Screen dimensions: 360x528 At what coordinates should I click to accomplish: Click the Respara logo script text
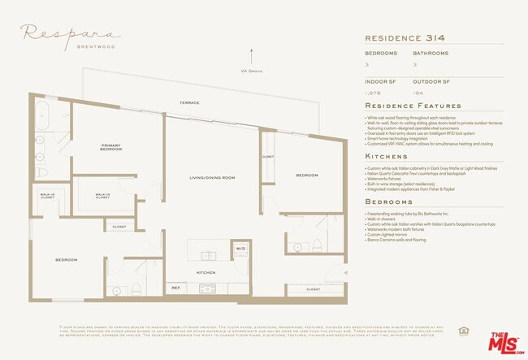point(71,33)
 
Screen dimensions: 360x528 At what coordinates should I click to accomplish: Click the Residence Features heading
point(413,106)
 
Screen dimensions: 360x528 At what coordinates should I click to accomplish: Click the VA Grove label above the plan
point(252,71)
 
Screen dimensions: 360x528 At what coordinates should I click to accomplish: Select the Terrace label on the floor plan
point(190,103)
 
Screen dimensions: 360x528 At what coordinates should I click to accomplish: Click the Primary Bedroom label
point(110,148)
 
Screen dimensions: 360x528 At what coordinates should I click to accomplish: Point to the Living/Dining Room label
point(212,177)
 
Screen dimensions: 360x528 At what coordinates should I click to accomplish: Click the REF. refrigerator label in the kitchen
point(175,288)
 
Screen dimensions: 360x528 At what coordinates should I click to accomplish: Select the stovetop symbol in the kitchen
point(207,288)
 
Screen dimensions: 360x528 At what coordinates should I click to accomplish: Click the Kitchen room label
point(206,273)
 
